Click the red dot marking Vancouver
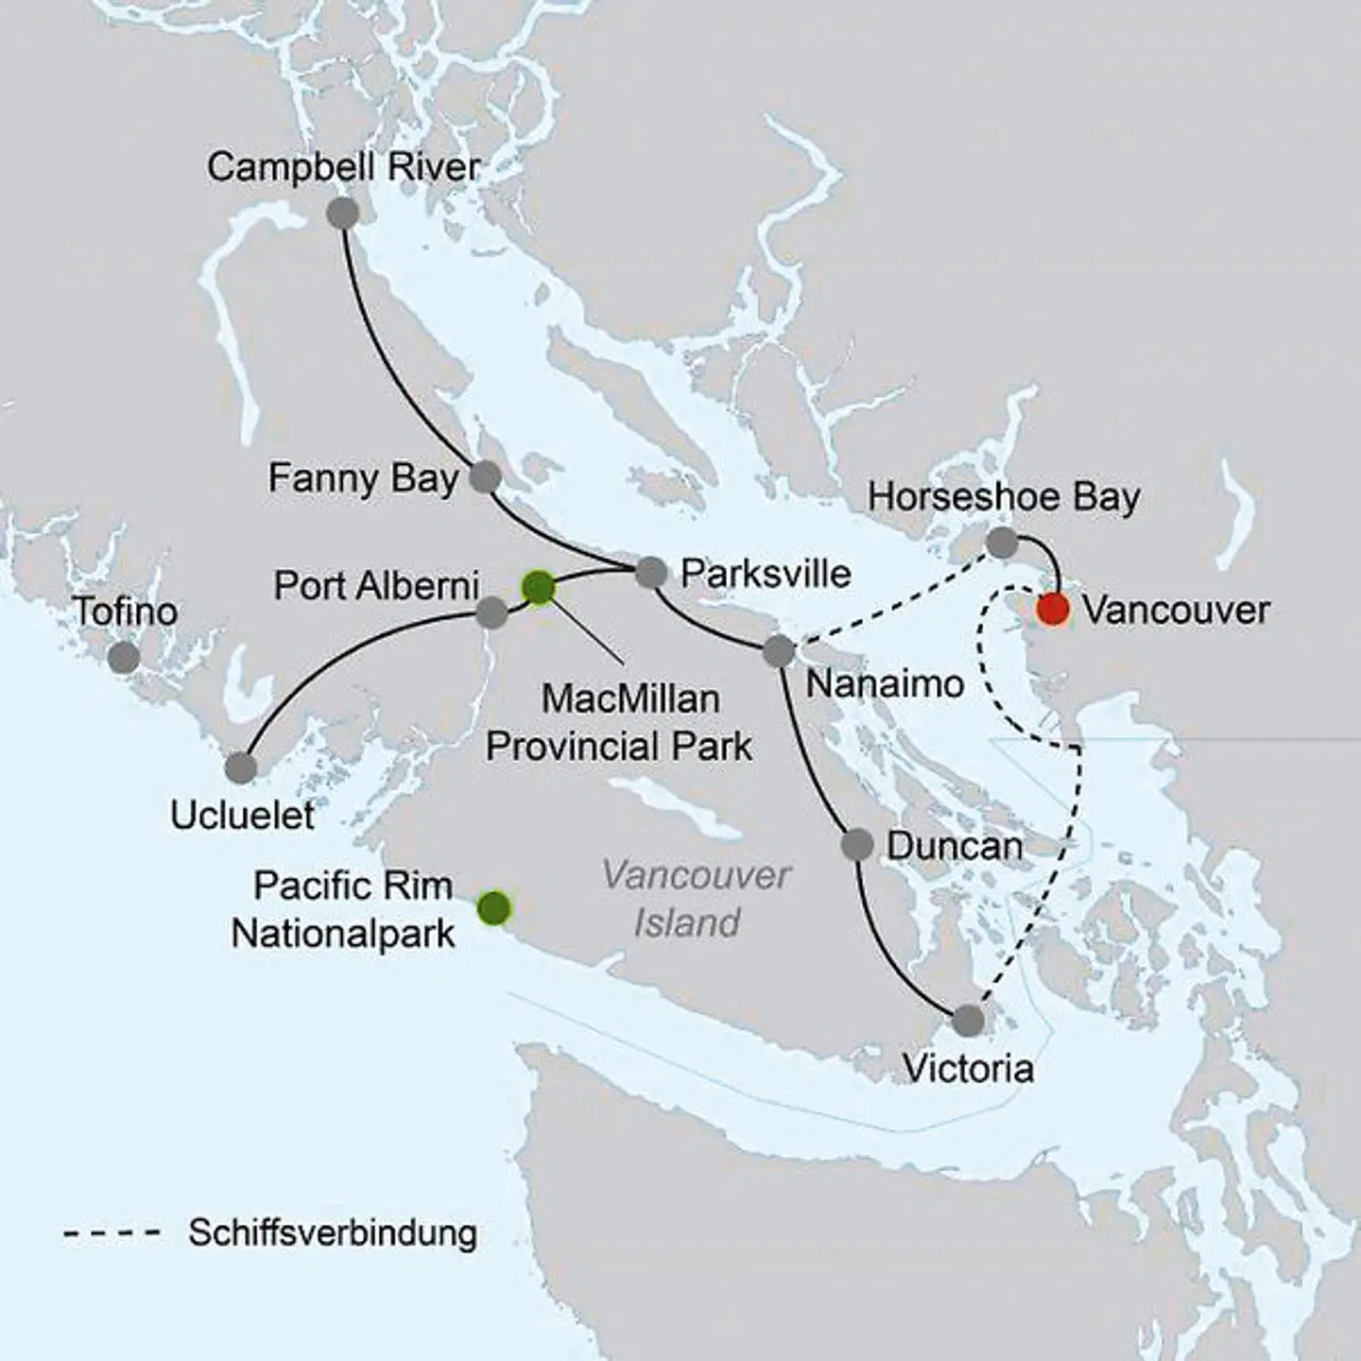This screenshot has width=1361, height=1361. pyautogui.click(x=1053, y=610)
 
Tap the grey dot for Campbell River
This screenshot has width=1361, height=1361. pyautogui.click(x=342, y=213)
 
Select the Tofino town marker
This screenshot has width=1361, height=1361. pyautogui.click(x=124, y=657)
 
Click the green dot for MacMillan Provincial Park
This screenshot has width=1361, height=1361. pyautogui.click(x=538, y=588)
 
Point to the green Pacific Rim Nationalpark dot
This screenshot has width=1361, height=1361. pyautogui.click(x=493, y=908)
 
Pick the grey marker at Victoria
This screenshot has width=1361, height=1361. pyautogui.click(x=968, y=1021)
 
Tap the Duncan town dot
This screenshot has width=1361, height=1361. pyautogui.click(x=857, y=844)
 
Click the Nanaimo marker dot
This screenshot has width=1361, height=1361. pyautogui.click(x=778, y=651)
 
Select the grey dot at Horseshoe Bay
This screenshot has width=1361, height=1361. pyautogui.click(x=1002, y=543)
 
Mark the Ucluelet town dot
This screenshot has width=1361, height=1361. pyautogui.click(x=241, y=767)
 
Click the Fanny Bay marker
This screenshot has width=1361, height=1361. pyautogui.click(x=485, y=477)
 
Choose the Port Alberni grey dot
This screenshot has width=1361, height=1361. pyautogui.click(x=491, y=612)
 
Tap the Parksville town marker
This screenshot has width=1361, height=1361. pyautogui.click(x=650, y=572)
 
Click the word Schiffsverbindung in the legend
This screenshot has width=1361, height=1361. pyautogui.click(x=333, y=1233)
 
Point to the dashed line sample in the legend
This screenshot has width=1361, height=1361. pyautogui.click(x=111, y=1233)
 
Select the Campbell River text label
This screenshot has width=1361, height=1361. pyautogui.click(x=344, y=167)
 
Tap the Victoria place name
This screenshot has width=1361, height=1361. pyautogui.click(x=968, y=1069)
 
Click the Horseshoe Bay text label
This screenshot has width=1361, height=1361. pyautogui.click(x=1004, y=497)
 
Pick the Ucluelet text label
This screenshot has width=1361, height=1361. pyautogui.click(x=242, y=815)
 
